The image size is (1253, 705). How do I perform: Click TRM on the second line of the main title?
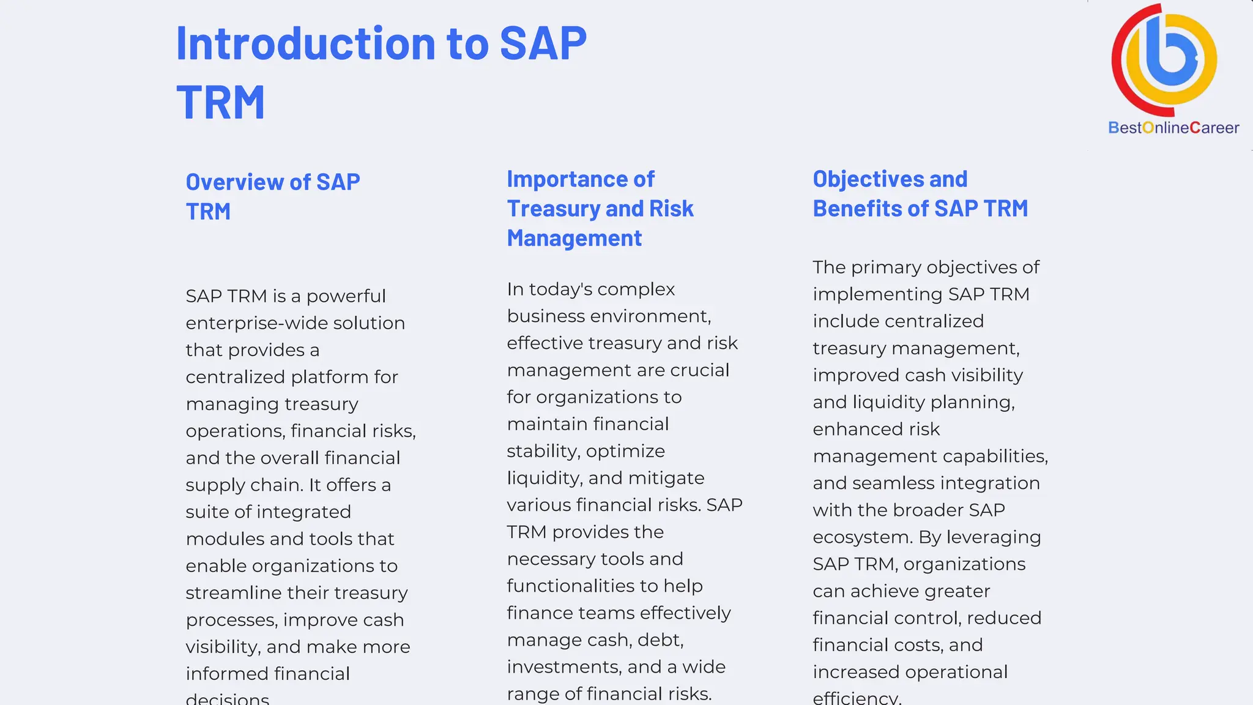221,103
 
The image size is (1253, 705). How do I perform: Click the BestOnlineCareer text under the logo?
1173,128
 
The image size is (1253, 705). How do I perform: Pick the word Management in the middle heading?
574,238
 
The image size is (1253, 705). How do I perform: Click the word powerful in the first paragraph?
346,296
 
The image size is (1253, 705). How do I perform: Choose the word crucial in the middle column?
699,370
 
